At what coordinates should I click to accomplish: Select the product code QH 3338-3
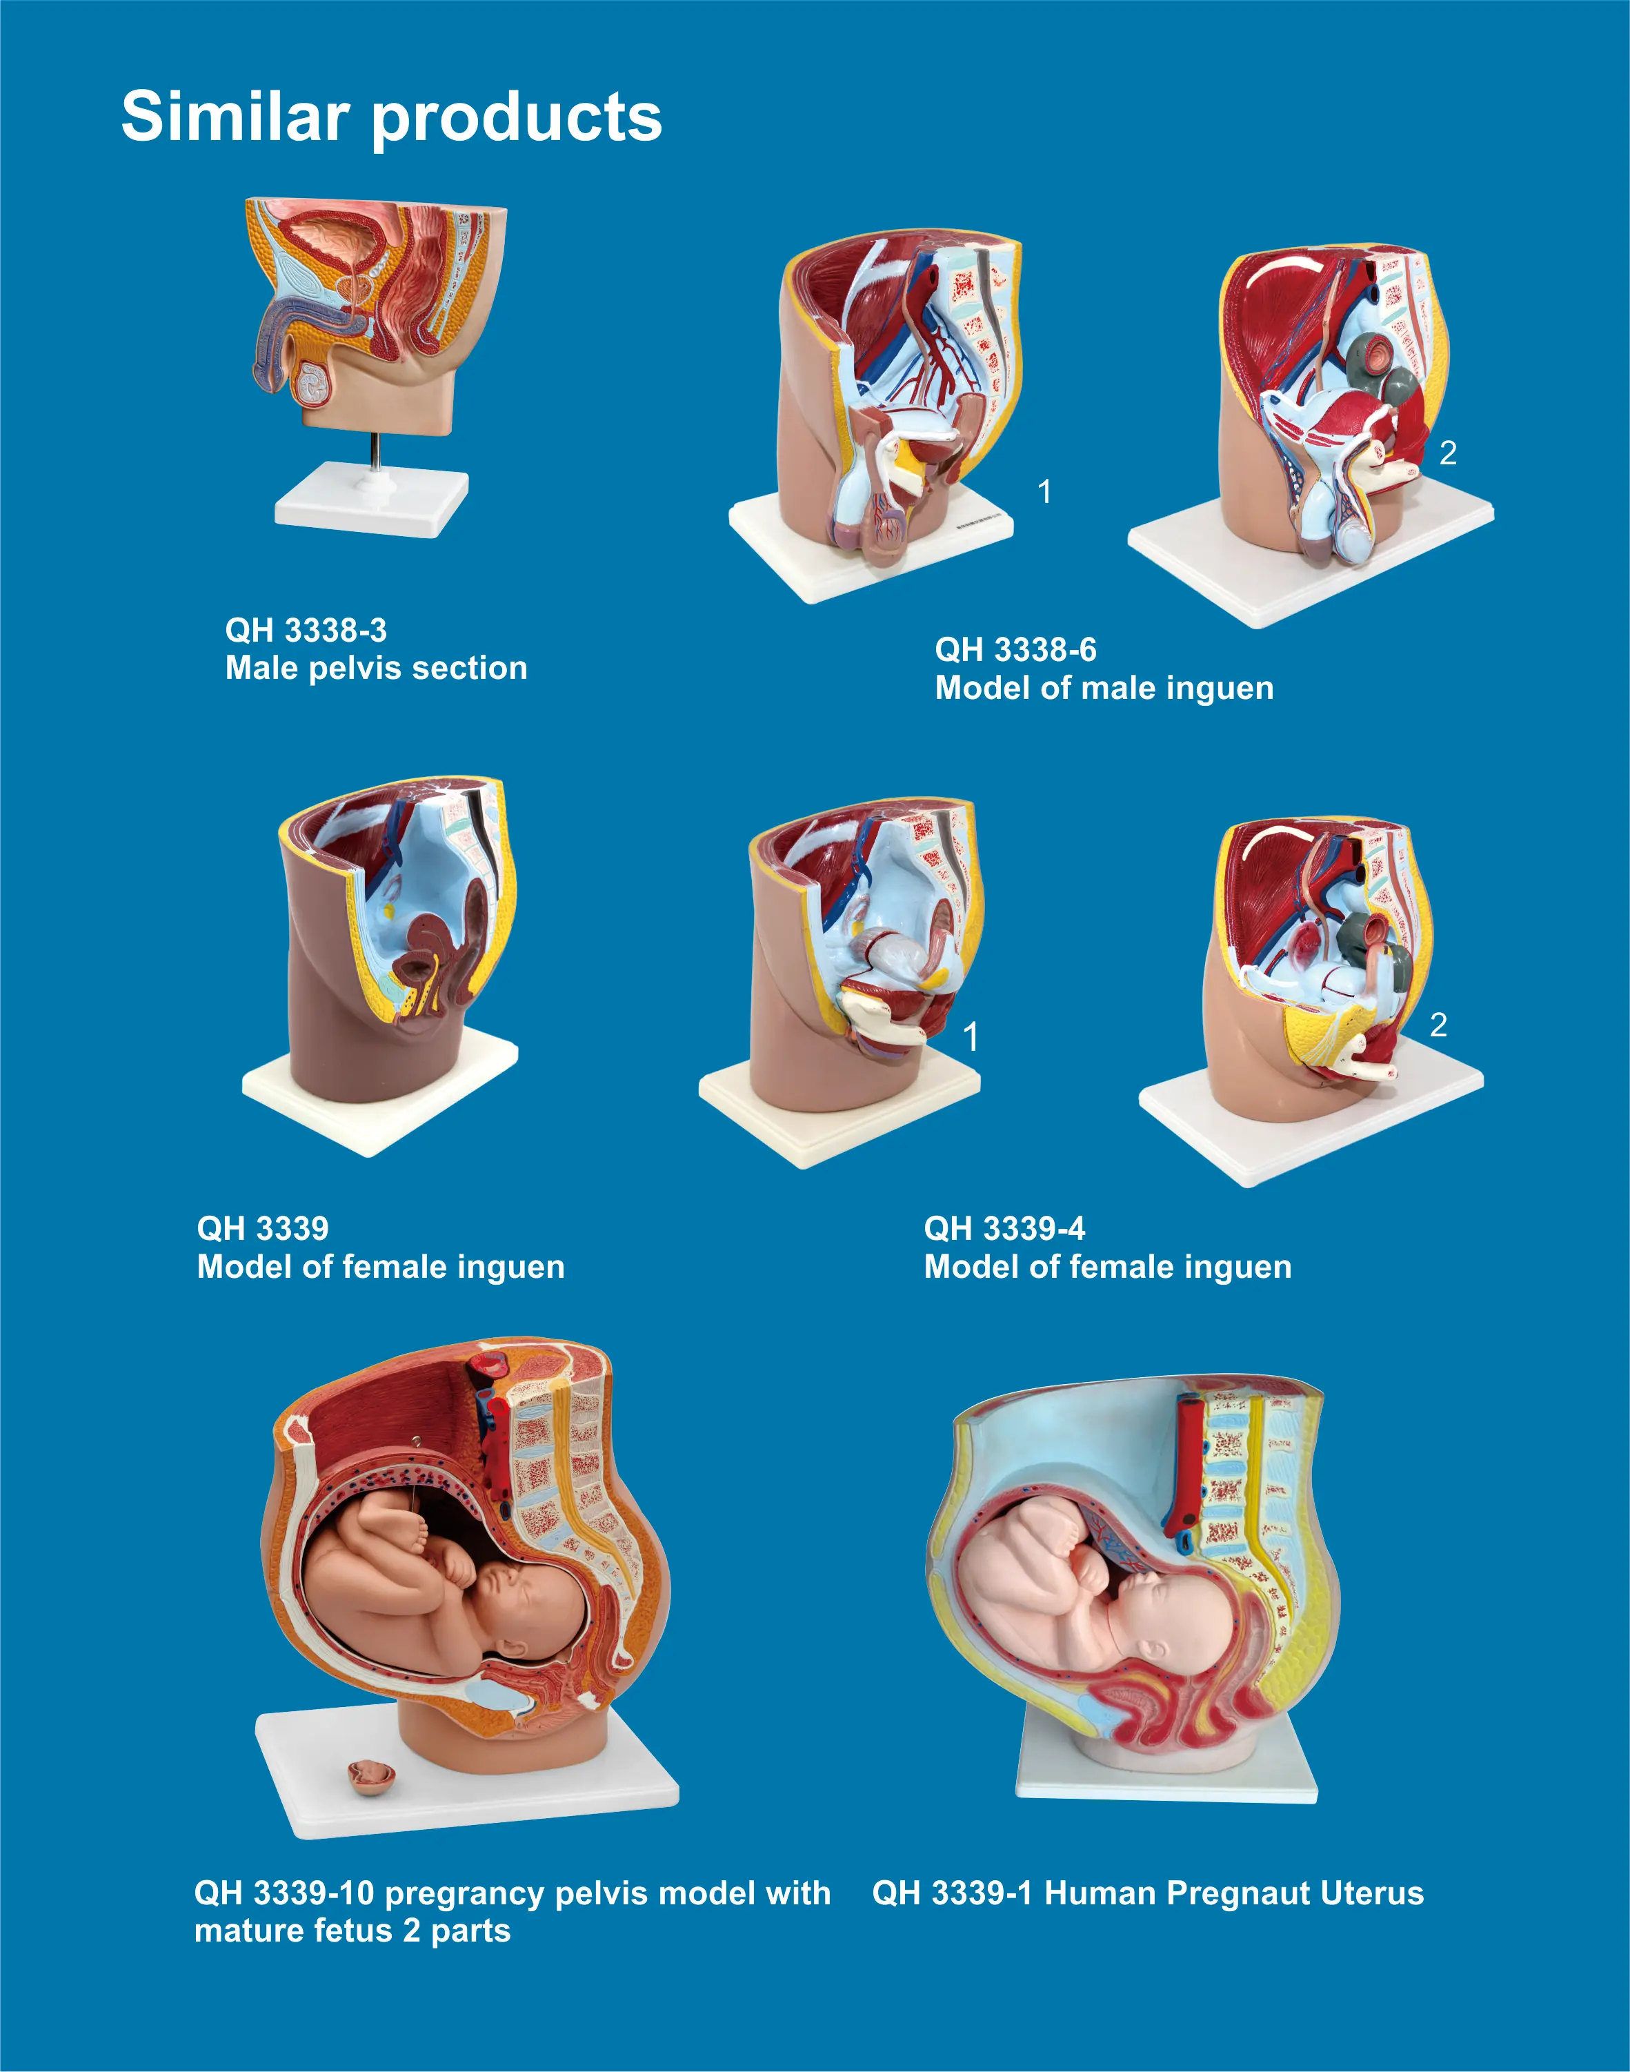[x=306, y=630]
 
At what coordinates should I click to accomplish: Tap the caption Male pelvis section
[x=376, y=668]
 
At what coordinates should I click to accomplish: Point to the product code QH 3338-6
[x=1015, y=650]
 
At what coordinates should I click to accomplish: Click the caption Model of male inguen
[x=1104, y=688]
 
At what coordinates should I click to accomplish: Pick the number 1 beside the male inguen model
[x=1045, y=491]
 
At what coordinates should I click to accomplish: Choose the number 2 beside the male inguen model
[x=1448, y=453]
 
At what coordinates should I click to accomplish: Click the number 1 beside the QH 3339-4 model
[x=971, y=1036]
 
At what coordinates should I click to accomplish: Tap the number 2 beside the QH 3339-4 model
[x=1438, y=1025]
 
